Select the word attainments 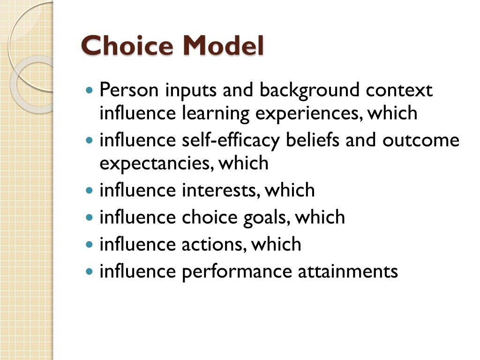tap(348, 271)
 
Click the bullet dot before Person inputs tap(90, 90)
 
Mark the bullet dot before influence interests tap(90, 191)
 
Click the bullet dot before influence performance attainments tap(90, 271)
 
